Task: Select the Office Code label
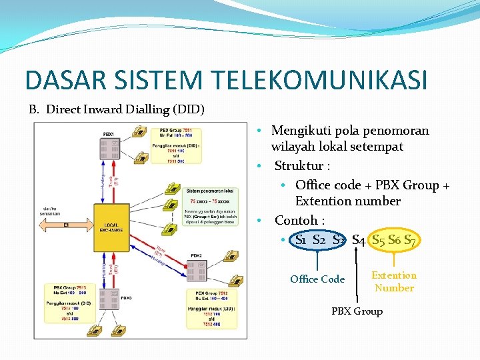[x=317, y=279]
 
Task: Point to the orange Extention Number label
[x=394, y=282]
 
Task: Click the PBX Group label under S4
[x=357, y=311]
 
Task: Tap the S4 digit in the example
[x=358, y=239]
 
